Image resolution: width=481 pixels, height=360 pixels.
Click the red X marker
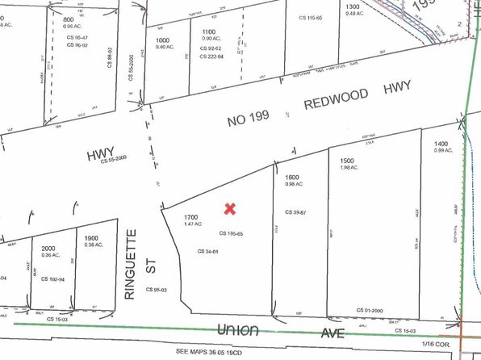coord(229,208)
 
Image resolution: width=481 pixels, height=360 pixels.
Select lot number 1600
coord(291,177)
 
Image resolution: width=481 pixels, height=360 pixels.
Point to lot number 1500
coord(348,160)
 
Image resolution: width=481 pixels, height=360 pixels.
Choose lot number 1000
coord(163,40)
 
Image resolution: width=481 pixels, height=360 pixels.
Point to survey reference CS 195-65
coord(232,233)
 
